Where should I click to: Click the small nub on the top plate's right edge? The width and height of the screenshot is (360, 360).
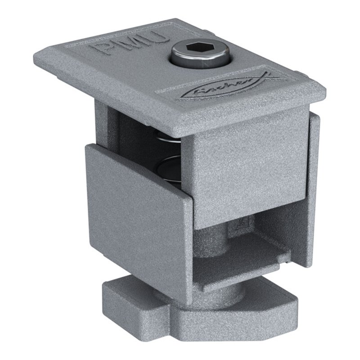(297, 72)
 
